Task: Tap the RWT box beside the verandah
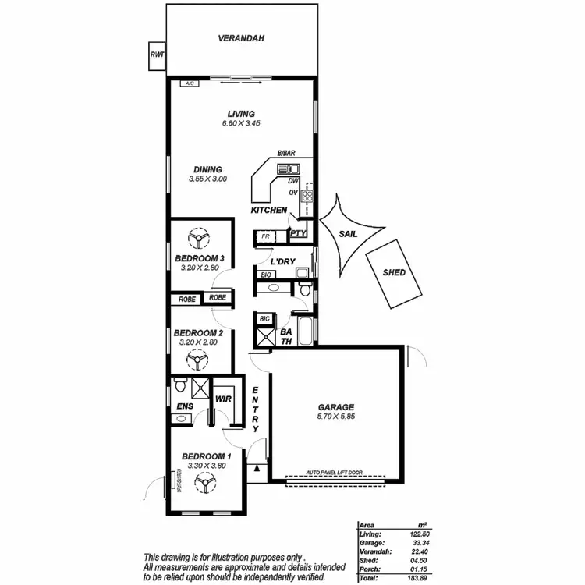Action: [158, 55]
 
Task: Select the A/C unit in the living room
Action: [188, 83]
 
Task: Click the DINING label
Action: [207, 169]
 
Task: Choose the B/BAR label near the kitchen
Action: [285, 154]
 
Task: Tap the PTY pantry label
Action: [298, 232]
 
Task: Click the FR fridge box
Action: [264, 235]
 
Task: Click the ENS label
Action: [185, 406]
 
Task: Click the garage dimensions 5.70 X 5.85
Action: [336, 417]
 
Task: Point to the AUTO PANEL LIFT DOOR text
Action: [337, 473]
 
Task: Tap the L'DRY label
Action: [282, 261]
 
